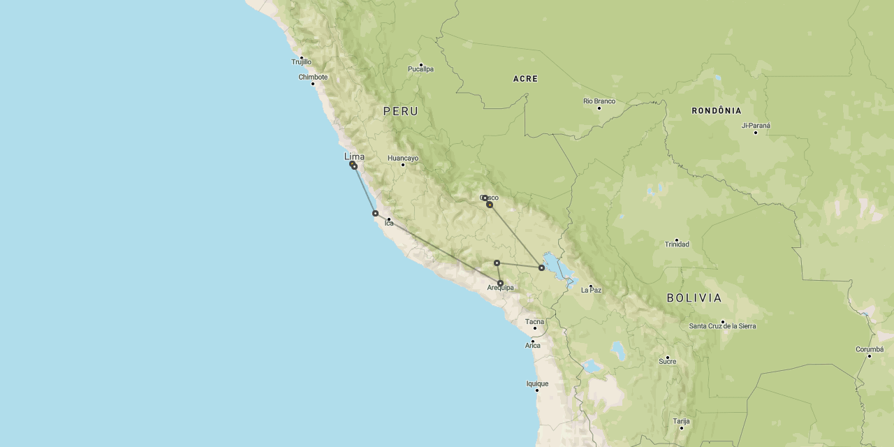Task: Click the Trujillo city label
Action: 302,62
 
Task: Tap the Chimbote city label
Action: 313,78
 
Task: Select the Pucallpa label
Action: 420,69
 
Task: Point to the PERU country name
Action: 401,111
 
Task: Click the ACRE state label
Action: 525,79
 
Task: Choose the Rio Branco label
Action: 599,101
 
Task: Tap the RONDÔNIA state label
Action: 717,111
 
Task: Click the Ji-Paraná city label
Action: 756,126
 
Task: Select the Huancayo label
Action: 403,159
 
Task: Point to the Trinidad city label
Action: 676,244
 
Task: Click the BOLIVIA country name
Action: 694,298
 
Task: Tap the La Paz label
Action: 591,290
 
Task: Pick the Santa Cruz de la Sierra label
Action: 722,326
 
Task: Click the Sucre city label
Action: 667,362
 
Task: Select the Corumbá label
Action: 870,350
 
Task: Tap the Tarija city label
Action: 681,421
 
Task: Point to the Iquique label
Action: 537,383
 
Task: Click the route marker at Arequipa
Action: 500,283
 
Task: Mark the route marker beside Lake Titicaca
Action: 541,268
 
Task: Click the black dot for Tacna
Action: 535,328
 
